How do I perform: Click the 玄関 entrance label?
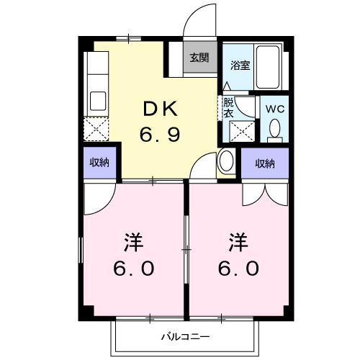(x=199, y=58)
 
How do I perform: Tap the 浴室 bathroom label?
(x=240, y=64)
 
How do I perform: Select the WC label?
(x=275, y=109)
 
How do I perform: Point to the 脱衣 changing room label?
(x=228, y=107)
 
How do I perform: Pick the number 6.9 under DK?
(x=160, y=133)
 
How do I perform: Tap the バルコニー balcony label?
(x=184, y=336)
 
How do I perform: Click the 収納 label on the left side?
(x=99, y=163)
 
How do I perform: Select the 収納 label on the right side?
(x=265, y=163)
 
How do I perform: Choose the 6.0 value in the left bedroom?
(x=133, y=268)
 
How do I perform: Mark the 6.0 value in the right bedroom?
(x=240, y=268)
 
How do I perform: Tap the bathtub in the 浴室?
(x=271, y=67)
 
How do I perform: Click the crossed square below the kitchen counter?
(x=96, y=130)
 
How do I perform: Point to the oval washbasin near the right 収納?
(x=226, y=161)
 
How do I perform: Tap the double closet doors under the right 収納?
(x=265, y=190)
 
